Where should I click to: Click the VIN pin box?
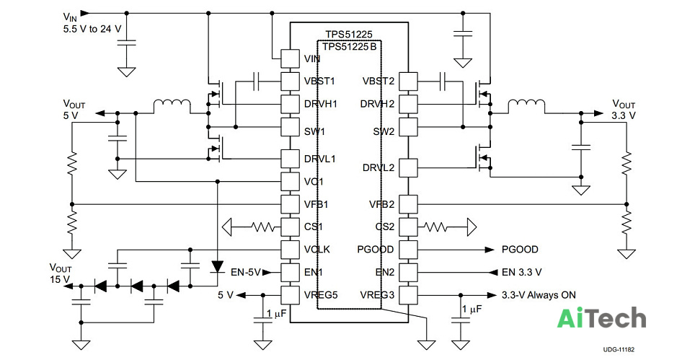[x=290, y=58]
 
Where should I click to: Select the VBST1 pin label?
[x=319, y=81]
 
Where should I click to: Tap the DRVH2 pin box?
[x=408, y=104]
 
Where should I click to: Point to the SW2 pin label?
[x=384, y=132]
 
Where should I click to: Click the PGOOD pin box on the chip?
[x=408, y=249]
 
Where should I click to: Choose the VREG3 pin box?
[x=408, y=294]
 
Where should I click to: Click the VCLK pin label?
[x=317, y=250]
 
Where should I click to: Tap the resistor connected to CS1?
[x=263, y=227]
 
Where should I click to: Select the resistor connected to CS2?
[x=435, y=227]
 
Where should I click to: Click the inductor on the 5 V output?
[x=172, y=106]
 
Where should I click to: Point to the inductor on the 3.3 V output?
[x=526, y=106]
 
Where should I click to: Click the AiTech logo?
[x=601, y=318]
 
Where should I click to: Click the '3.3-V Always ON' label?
[x=539, y=295]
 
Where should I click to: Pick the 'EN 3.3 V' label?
[x=522, y=272]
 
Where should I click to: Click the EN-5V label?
[x=246, y=272]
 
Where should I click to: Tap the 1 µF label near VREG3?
[x=472, y=309]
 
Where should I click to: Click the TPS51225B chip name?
[x=349, y=47]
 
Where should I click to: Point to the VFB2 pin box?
[x=408, y=204]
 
